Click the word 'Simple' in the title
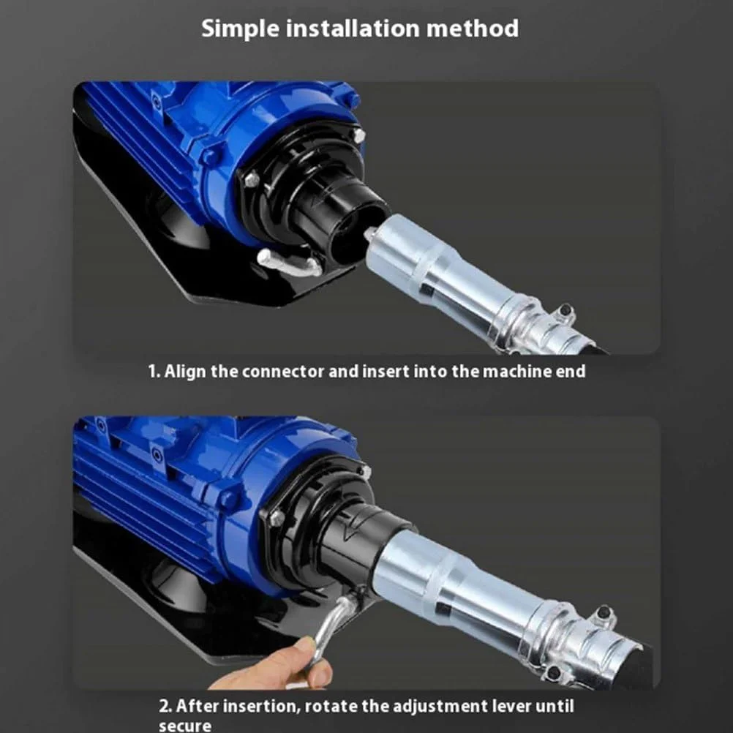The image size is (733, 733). point(240,29)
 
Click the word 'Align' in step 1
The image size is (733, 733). point(185,372)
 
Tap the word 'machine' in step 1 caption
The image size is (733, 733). point(517,371)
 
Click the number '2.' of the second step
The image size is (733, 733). point(165,706)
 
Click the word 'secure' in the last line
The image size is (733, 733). point(185,726)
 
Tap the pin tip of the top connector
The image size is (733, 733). point(369,233)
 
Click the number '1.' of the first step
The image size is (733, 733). point(154,372)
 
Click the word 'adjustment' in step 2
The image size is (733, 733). point(437,707)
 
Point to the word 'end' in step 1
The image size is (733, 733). point(571,371)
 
